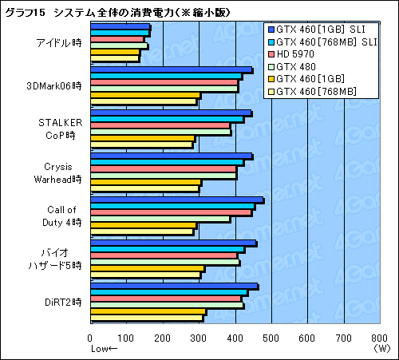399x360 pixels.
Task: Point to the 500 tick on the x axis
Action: click(x=271, y=338)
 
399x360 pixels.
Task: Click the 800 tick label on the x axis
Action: click(x=380, y=338)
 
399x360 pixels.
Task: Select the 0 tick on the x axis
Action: click(x=91, y=338)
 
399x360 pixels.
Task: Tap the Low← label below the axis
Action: click(x=104, y=349)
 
